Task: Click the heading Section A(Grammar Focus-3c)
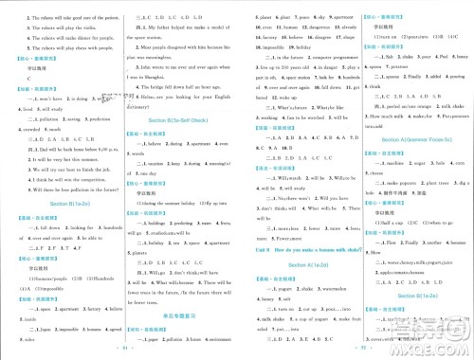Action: click(x=408, y=138)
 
